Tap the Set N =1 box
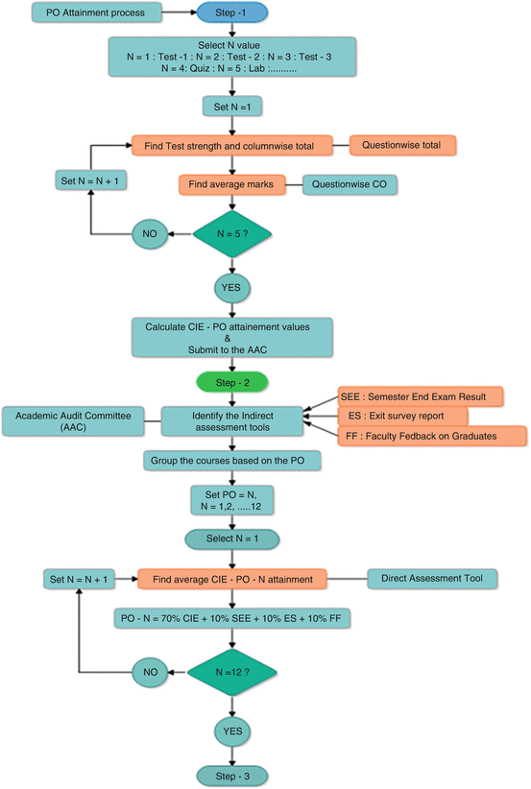pyautogui.click(x=230, y=107)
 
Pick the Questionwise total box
pyautogui.click(x=402, y=146)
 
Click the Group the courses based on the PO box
pyautogui.click(x=231, y=460)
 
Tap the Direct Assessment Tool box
pyautogui.click(x=432, y=578)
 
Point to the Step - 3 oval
pyautogui.click(x=230, y=774)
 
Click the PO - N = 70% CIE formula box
pyautogui.click(x=230, y=620)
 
